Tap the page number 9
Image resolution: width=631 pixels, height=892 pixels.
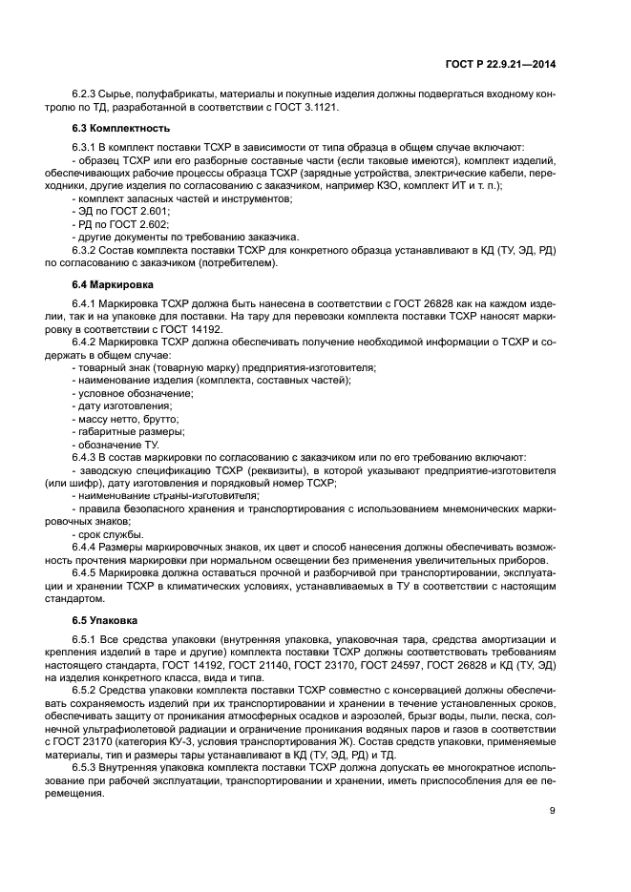[553, 811]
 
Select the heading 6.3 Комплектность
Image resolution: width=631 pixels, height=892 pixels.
[108, 128]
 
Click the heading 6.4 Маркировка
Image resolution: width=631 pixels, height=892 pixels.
[103, 285]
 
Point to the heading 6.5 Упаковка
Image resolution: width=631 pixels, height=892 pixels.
[100, 620]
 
